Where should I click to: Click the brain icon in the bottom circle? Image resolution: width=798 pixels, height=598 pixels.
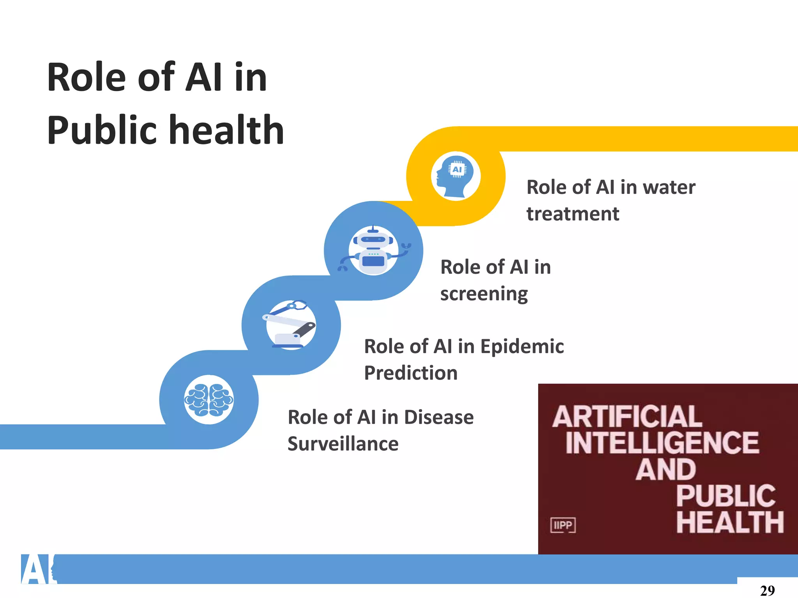(x=209, y=400)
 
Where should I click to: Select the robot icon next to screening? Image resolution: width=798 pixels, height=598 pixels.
(x=373, y=250)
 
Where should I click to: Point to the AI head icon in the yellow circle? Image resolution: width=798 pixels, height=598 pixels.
(x=455, y=176)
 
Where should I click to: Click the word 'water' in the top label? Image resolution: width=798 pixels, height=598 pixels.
(x=669, y=187)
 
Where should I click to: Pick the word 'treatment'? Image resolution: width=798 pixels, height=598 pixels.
(x=572, y=214)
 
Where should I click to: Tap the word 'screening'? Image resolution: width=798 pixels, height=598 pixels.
(x=484, y=294)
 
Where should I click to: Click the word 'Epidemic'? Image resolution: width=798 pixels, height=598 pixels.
(x=522, y=346)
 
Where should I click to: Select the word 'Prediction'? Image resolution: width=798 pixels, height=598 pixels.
(x=411, y=373)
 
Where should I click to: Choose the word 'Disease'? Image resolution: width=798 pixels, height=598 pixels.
(x=439, y=417)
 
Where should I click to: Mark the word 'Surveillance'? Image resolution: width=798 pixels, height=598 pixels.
(x=343, y=444)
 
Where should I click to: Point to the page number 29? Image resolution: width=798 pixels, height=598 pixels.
(x=767, y=590)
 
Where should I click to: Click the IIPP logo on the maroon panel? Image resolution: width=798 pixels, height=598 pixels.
(x=563, y=525)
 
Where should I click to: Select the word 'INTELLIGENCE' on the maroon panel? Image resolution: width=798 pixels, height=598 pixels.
(x=662, y=443)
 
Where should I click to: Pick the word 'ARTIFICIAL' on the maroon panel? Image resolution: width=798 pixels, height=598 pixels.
(x=627, y=417)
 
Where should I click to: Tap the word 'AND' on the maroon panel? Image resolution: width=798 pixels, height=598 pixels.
(x=666, y=470)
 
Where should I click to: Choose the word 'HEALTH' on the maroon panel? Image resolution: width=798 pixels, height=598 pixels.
(x=730, y=522)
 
